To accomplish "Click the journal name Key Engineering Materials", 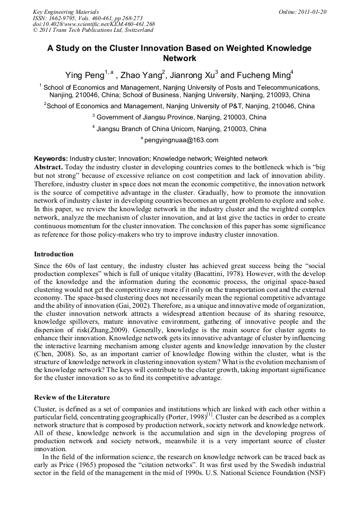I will pyautogui.click(x=65, y=12).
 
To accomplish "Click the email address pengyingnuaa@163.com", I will pyautogui.click(x=181, y=141).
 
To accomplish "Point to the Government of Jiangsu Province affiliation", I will pyautogui.click(x=181, y=117).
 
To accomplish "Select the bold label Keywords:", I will pyautogui.click(x=51, y=159).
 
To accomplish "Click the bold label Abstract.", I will pyautogui.click(x=51, y=167).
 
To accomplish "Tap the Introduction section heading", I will pyautogui.click(x=54, y=254).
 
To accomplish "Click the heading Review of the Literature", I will pyautogui.click(x=72, y=398).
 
